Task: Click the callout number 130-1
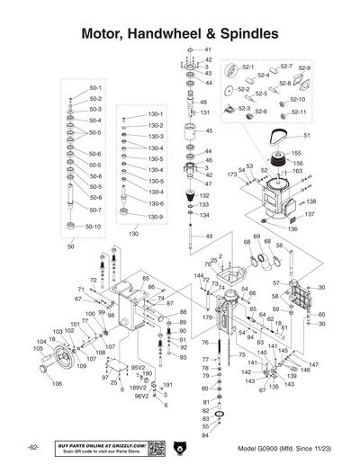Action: point(155,115)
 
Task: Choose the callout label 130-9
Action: point(155,217)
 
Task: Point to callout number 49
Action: point(209,236)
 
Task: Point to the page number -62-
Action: point(32,448)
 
